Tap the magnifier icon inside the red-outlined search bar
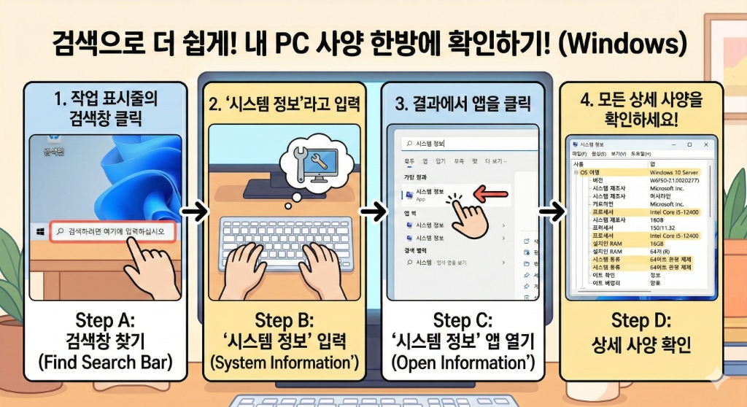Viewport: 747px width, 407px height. coord(60,232)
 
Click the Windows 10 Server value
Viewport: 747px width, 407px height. coord(674,173)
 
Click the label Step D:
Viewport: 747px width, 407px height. coord(640,321)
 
